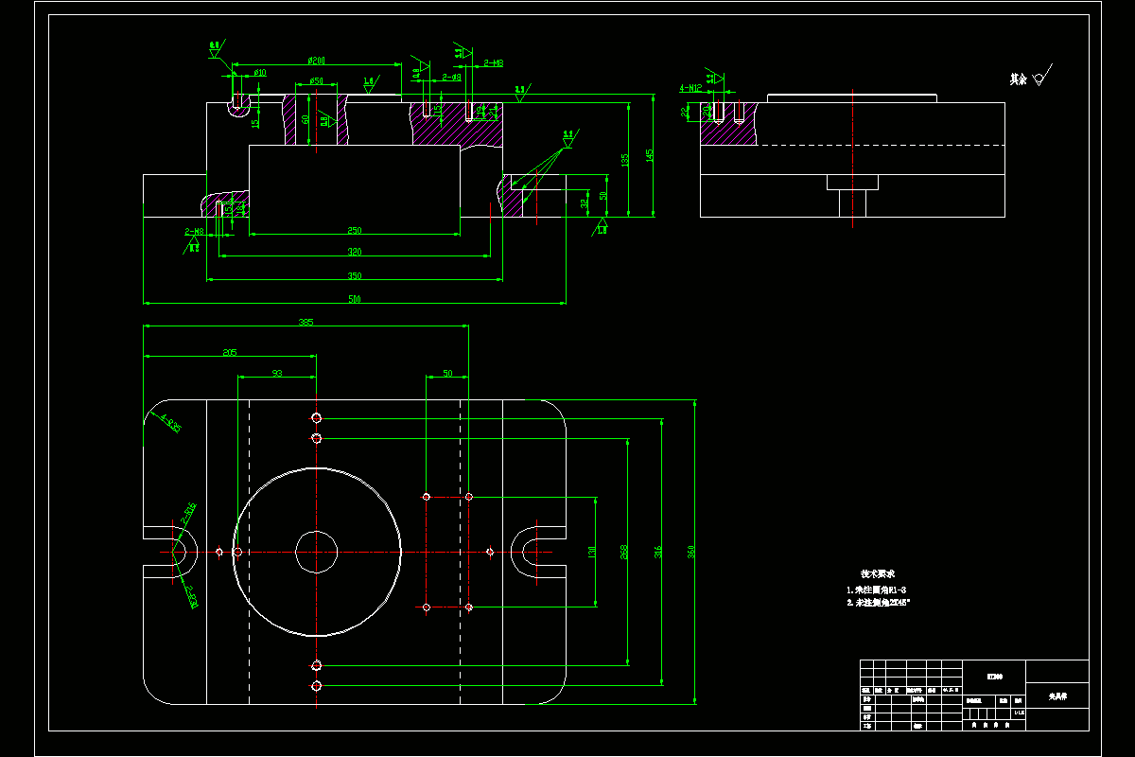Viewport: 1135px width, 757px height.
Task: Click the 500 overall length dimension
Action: tap(355, 299)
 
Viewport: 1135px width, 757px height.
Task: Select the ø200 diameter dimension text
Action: tap(317, 61)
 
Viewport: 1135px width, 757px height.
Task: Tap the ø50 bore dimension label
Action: tap(317, 81)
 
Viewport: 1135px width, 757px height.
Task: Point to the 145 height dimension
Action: tap(649, 155)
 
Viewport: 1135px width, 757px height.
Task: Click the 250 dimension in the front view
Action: tap(355, 230)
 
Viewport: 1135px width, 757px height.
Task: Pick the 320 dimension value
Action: tap(355, 252)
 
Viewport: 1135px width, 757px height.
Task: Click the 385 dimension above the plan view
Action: tap(306, 322)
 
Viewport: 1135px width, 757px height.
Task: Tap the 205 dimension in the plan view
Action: tap(230, 352)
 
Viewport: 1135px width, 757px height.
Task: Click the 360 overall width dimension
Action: tap(690, 552)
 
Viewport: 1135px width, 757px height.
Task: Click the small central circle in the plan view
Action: tap(317, 552)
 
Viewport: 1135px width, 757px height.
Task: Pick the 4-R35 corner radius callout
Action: tap(170, 422)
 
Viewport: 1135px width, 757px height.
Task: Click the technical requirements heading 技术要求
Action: tap(877, 573)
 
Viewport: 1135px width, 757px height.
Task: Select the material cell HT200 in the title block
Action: tap(994, 676)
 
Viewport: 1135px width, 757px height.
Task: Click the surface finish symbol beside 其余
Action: tap(1042, 78)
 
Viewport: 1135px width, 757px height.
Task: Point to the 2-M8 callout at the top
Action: tap(493, 63)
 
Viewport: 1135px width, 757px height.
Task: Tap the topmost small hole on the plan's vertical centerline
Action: tap(317, 418)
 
